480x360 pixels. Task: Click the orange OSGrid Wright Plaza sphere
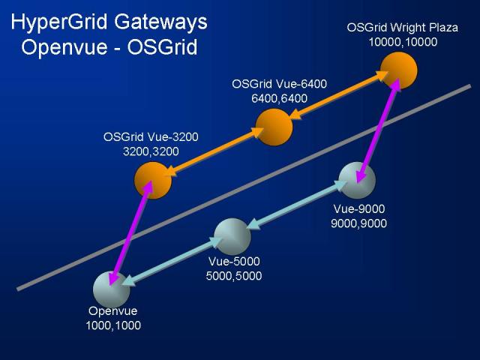pyautogui.click(x=398, y=70)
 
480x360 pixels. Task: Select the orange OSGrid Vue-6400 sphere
pyautogui.click(x=274, y=127)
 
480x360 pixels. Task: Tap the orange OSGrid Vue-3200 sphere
pyautogui.click(x=153, y=180)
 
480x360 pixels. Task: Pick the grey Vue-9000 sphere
pyautogui.click(x=357, y=180)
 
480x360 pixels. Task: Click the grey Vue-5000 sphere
pyautogui.click(x=232, y=237)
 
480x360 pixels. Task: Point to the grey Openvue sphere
pyautogui.click(x=112, y=289)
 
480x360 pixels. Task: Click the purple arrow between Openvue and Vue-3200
pyautogui.click(x=131, y=232)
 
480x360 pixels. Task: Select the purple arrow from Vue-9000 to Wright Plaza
pyautogui.click(x=378, y=130)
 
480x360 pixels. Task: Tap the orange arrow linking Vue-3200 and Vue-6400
pyautogui.click(x=214, y=151)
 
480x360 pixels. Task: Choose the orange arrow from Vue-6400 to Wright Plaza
pyautogui.click(x=338, y=95)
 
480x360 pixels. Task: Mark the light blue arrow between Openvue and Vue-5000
pyautogui.click(x=172, y=261)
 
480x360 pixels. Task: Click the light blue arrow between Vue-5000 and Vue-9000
pyautogui.click(x=296, y=205)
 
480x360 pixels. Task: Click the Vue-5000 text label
pyautogui.click(x=234, y=262)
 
